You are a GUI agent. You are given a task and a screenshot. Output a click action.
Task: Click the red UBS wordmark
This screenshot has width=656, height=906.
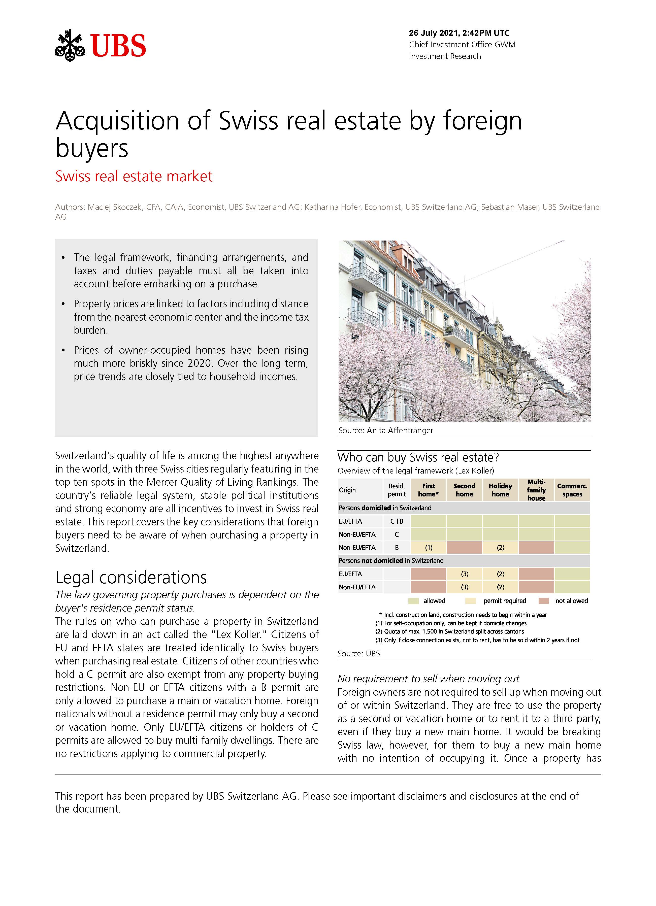[x=118, y=46]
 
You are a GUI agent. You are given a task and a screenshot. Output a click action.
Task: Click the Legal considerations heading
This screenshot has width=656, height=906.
[x=131, y=578]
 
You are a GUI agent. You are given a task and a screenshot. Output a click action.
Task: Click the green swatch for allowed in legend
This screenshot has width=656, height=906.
[x=413, y=601]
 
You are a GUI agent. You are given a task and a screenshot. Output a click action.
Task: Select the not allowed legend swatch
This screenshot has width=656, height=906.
[x=543, y=601]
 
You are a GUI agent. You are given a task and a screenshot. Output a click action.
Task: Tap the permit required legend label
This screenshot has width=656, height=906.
[x=505, y=601]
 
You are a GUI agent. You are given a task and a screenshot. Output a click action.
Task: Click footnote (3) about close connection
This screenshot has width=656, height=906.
[x=477, y=640]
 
